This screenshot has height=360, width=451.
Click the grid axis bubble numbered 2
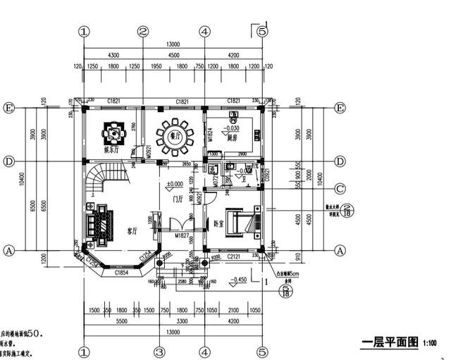pos(143,32)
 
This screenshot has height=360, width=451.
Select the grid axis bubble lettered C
pos(340,188)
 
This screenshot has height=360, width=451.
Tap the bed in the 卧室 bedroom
pos(245,222)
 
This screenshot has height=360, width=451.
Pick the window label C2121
pos(234,258)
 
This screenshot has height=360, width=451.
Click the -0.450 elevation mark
pos(237,279)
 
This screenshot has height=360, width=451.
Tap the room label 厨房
pos(232,139)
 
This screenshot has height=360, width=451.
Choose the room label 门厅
pos(178,199)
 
